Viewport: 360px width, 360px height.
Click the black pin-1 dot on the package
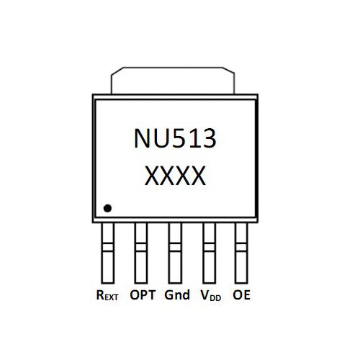click(x=107, y=208)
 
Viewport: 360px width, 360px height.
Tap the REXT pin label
click(x=107, y=295)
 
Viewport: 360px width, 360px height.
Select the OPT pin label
click(x=143, y=294)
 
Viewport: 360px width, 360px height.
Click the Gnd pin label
click(x=177, y=294)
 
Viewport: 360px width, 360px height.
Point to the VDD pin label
click(x=210, y=295)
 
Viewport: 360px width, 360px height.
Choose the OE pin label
click(x=241, y=294)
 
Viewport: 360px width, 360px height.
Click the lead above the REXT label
click(x=108, y=253)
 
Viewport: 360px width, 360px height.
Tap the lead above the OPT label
click(x=141, y=253)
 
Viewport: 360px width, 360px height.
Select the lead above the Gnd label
click(x=175, y=253)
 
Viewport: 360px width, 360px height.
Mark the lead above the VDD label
click(x=210, y=253)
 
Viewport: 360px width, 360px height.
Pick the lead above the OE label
click(x=241, y=253)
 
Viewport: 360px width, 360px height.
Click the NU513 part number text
click(x=175, y=138)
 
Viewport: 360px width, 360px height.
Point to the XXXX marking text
click(x=175, y=176)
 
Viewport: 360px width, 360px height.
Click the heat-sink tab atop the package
click(x=173, y=81)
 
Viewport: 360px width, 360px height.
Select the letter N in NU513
click(x=143, y=138)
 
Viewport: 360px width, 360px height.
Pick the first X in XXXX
click(x=152, y=176)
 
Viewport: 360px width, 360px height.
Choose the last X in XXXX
click(x=199, y=176)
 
